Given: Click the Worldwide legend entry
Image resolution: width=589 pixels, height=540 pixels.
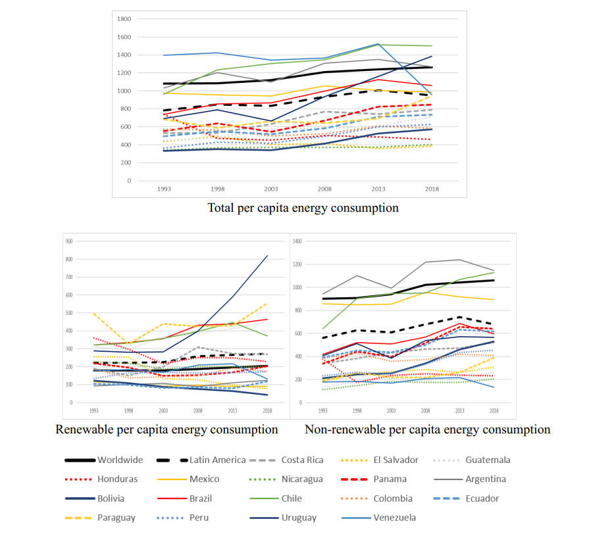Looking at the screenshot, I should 119,460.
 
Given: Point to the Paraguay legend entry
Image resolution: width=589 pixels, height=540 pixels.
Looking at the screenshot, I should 116,517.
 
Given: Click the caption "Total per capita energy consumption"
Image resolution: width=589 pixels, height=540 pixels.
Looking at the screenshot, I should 303,208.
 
